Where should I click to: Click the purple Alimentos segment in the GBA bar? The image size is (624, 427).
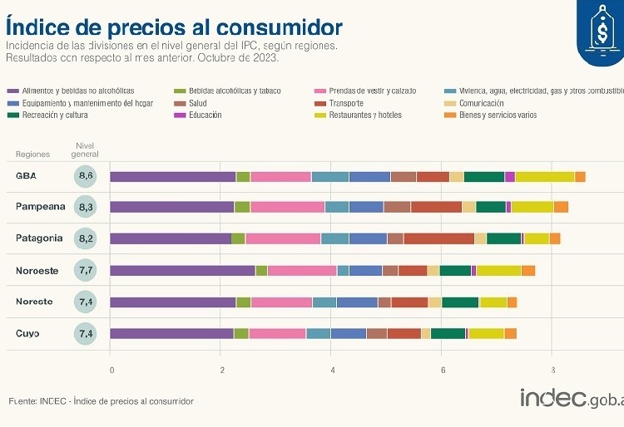point(172,176)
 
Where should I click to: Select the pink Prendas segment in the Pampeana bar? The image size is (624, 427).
point(287,207)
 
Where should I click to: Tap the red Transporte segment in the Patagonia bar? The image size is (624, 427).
point(438,238)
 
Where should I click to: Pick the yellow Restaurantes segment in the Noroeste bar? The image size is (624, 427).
point(498,270)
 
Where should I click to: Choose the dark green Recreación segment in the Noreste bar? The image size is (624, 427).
point(460,302)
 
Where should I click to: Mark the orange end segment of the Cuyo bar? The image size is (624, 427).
point(510,333)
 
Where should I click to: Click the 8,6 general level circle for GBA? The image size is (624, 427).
point(86,175)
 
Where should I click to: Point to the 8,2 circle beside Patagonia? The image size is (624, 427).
point(86,238)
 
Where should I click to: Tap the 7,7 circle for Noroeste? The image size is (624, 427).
point(86,270)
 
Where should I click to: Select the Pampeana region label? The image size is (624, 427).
point(39,207)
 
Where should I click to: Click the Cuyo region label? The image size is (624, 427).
point(27,333)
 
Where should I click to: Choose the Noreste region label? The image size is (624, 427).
point(34,302)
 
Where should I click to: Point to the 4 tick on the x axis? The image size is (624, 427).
point(332,371)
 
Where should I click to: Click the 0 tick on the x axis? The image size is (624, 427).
point(111,371)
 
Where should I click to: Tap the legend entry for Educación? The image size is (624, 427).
point(204,115)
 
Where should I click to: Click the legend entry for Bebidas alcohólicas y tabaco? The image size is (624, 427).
point(233,91)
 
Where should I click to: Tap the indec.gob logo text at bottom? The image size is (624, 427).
point(571,399)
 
